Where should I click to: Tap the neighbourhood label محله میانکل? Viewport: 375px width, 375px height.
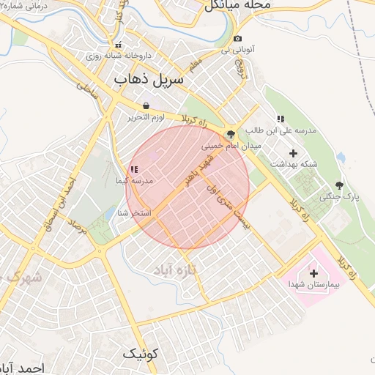[x=237, y=5]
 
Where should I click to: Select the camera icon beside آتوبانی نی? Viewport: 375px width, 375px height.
[x=237, y=39]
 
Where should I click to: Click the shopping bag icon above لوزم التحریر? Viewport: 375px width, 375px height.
[x=146, y=105]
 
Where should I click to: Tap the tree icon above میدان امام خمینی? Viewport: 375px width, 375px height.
[x=231, y=134]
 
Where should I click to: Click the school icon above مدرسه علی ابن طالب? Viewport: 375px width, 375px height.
[x=280, y=119]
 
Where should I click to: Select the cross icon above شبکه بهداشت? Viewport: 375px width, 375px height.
[x=294, y=153]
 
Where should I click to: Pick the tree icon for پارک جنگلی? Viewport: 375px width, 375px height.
[x=338, y=185]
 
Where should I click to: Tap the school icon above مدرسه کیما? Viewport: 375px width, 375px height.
[x=133, y=169]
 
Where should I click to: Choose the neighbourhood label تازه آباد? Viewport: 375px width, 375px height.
[x=177, y=270]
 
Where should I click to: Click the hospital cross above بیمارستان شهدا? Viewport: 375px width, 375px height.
[x=304, y=272]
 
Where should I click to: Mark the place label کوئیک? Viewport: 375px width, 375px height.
[x=139, y=354]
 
